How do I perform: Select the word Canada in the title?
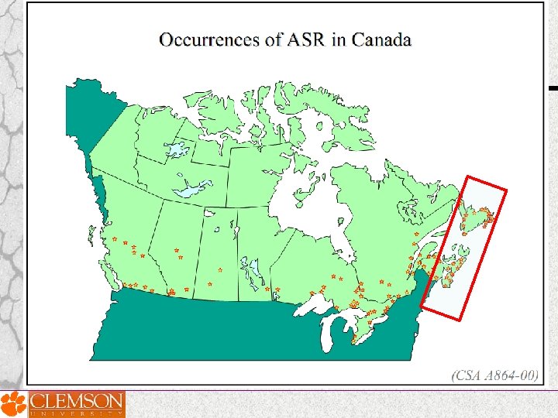click(x=381, y=39)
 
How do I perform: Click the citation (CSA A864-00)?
click(x=494, y=375)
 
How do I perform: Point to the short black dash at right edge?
click(x=553, y=88)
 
